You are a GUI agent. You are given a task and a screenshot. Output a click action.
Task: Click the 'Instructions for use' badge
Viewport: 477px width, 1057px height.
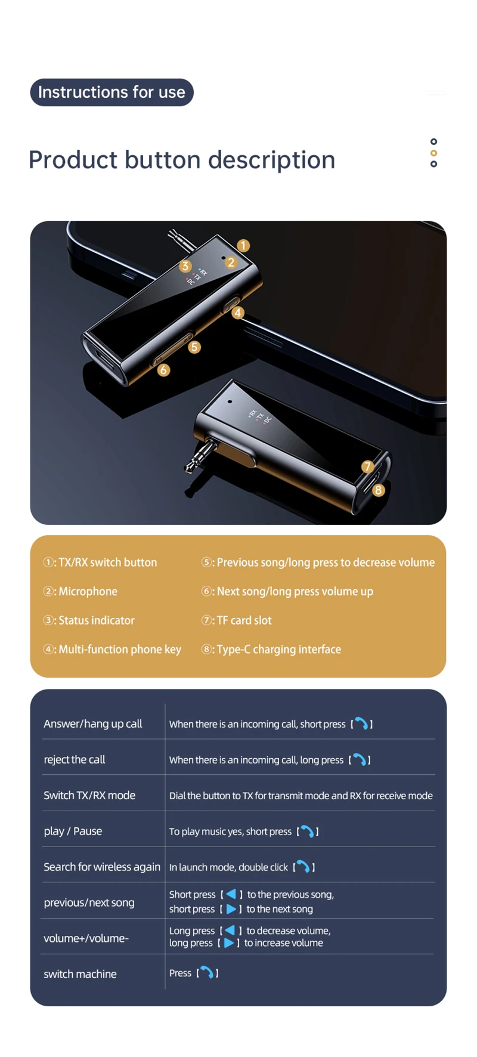(x=112, y=92)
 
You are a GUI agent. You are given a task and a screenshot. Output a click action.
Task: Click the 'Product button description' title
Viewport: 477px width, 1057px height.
(x=182, y=160)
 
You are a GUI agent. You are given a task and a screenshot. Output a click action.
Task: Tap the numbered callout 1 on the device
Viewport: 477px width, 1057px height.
(x=243, y=245)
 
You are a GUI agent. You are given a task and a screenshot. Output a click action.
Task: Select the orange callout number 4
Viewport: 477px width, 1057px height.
(x=238, y=313)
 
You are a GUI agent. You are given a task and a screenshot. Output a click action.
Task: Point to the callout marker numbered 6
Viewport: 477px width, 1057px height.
(x=163, y=370)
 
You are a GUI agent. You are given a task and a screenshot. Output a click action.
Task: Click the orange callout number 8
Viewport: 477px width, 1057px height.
(x=378, y=490)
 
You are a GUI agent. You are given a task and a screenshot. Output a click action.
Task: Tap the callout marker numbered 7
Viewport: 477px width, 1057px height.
(x=368, y=466)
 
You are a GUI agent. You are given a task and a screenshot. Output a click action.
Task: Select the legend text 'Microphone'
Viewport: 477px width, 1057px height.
(x=88, y=591)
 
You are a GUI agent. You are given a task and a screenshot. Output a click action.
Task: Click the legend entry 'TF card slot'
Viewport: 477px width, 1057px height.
(x=244, y=620)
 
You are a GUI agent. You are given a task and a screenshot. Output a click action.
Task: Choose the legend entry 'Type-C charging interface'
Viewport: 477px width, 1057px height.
(x=279, y=650)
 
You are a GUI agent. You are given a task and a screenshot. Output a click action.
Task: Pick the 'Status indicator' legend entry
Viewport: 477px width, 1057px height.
(x=97, y=620)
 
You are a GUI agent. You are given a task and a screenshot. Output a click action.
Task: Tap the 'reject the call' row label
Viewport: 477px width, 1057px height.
(x=75, y=759)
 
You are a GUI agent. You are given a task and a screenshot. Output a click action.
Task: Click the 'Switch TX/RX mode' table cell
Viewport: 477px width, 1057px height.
(x=89, y=795)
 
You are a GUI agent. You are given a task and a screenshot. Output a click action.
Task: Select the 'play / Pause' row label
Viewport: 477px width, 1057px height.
(x=73, y=831)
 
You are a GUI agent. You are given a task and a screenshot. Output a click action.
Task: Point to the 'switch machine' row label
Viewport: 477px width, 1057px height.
(x=80, y=974)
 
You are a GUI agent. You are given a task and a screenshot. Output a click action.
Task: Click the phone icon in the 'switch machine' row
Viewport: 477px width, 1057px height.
(x=207, y=973)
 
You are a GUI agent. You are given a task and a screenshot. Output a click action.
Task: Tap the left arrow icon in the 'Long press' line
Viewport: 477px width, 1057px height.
(x=230, y=931)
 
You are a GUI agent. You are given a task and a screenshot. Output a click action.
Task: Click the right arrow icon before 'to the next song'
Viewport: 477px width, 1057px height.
(x=231, y=909)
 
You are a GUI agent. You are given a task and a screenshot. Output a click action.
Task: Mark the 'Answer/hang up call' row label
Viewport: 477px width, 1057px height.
(x=93, y=724)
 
